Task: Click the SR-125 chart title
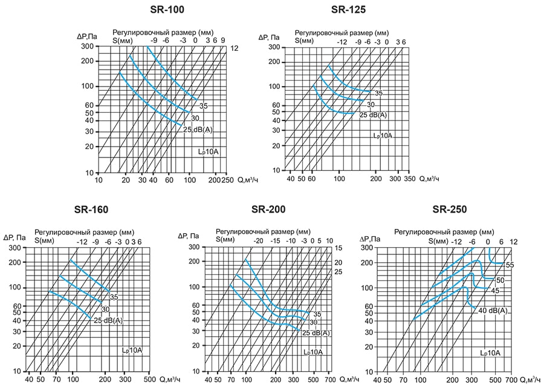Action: pos(349,10)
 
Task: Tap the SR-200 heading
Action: pos(268,210)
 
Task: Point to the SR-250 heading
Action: pos(450,210)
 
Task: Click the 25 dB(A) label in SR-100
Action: pos(198,129)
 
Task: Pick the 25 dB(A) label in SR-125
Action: pos(374,115)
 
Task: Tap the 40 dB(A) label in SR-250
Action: pos(493,311)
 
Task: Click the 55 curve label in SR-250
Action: pos(510,265)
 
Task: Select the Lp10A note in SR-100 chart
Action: pos(209,151)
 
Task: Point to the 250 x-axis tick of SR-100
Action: pos(227,180)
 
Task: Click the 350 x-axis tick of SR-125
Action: pos(410,179)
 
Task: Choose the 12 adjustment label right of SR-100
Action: pos(235,48)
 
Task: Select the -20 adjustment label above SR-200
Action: pos(258,240)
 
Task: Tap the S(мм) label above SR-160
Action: pos(45,241)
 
